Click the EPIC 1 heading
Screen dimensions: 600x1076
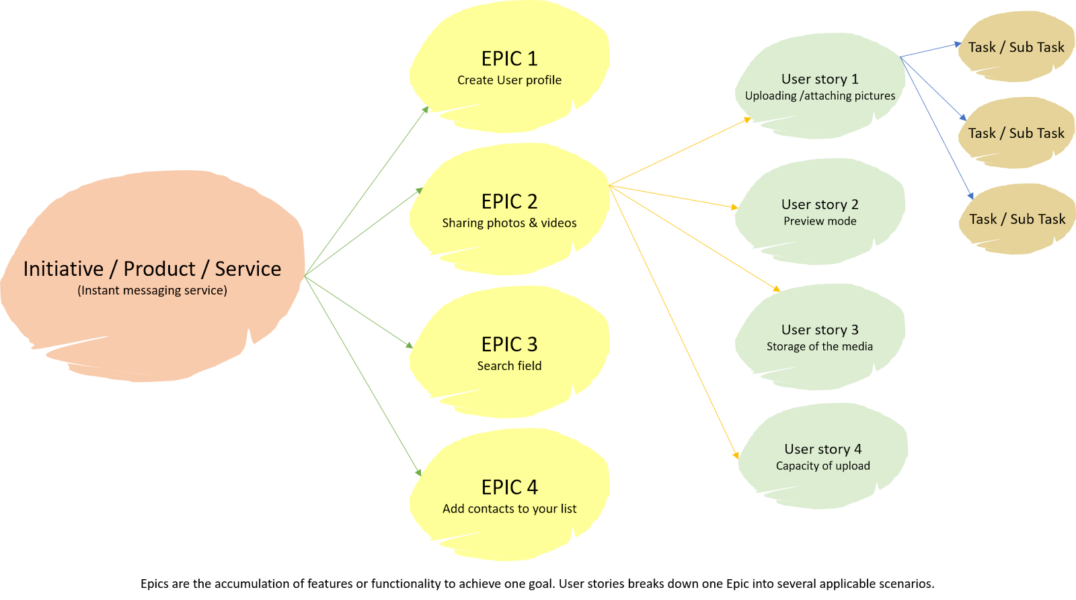click(509, 59)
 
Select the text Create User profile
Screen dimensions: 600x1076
click(509, 80)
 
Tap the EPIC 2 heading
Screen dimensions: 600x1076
click(509, 202)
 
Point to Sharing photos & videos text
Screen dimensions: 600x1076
click(509, 223)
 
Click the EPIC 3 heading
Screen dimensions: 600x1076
click(509, 344)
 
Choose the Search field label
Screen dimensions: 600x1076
click(509, 366)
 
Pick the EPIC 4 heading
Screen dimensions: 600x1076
click(509, 487)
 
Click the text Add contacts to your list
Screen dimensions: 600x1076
click(509, 509)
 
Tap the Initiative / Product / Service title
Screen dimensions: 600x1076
click(152, 269)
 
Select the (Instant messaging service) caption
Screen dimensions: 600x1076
click(152, 291)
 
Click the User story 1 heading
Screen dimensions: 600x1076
click(820, 79)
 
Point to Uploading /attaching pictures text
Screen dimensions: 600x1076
click(820, 96)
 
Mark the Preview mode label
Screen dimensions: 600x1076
click(820, 221)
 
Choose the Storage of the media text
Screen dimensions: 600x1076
click(820, 346)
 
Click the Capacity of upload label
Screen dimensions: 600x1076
click(822, 466)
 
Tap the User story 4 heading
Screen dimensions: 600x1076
click(822, 449)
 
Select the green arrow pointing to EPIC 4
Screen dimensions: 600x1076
click(363, 377)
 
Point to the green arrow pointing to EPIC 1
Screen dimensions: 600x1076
click(367, 191)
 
